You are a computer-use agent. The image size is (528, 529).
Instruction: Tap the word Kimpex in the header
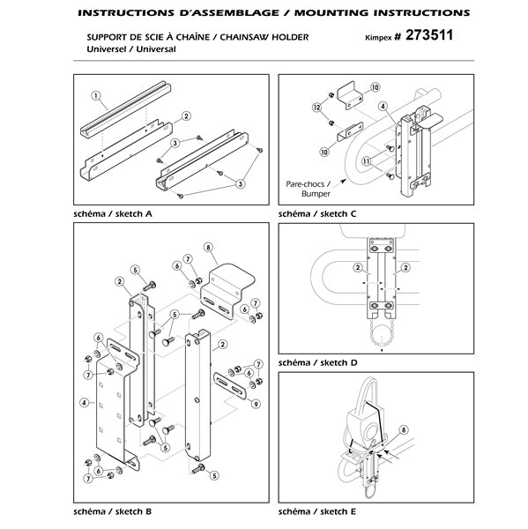pos(380,40)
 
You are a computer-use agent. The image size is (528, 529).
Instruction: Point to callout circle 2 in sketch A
pos(186,116)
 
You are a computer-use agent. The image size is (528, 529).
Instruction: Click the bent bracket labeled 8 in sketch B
pos(225,280)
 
